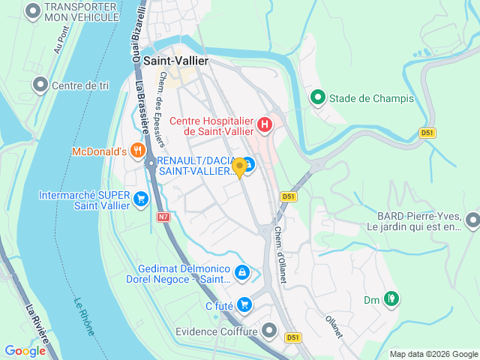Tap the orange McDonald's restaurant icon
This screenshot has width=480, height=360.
point(136,151)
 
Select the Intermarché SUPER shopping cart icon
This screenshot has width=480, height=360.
point(140,199)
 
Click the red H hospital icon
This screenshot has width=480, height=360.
point(264,125)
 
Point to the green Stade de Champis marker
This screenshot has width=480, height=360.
point(318,97)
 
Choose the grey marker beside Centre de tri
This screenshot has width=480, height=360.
point(40,85)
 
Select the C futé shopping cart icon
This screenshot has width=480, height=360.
point(244,304)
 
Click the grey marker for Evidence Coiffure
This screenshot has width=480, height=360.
point(270,331)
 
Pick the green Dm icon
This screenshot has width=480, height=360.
point(390,300)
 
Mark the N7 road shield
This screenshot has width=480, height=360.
point(163,217)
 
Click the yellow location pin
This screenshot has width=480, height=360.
point(239,167)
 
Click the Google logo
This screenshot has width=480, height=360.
point(25,350)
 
